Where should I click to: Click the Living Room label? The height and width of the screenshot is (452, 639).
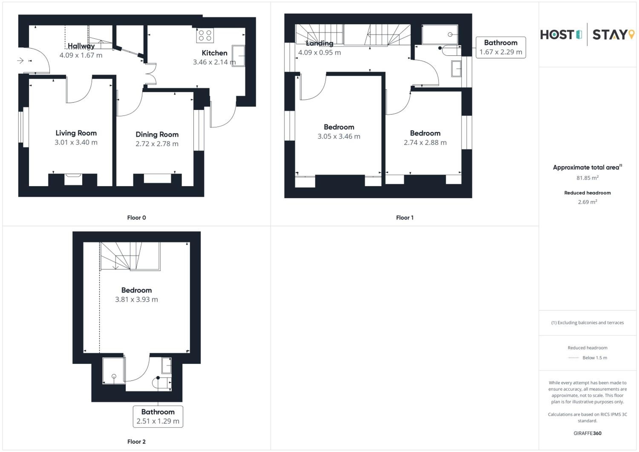click(76, 133)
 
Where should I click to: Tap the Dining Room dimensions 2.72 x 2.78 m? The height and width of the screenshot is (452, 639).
click(157, 144)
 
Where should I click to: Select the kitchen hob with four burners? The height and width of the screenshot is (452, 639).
click(205, 35)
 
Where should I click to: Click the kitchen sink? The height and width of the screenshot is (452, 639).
click(238, 56)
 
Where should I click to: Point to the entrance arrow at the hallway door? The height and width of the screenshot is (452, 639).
click(20, 60)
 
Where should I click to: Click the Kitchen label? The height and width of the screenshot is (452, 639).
click(214, 53)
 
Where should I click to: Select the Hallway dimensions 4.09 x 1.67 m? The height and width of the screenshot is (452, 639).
click(81, 55)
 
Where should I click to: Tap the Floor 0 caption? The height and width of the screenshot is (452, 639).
click(136, 218)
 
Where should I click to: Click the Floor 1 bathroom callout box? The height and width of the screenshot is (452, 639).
click(501, 47)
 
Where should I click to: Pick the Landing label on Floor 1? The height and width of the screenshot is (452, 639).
click(319, 43)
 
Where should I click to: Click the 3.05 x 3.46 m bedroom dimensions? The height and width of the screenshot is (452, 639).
click(339, 136)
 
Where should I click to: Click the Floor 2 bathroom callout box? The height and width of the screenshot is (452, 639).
click(158, 416)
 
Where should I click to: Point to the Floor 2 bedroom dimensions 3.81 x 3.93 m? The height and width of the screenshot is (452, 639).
click(136, 299)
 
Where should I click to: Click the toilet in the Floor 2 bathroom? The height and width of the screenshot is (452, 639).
click(162, 383)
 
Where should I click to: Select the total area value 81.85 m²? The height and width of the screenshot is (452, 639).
click(587, 178)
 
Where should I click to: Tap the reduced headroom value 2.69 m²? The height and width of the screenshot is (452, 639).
click(587, 202)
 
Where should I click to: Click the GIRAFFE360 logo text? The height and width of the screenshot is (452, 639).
click(587, 433)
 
